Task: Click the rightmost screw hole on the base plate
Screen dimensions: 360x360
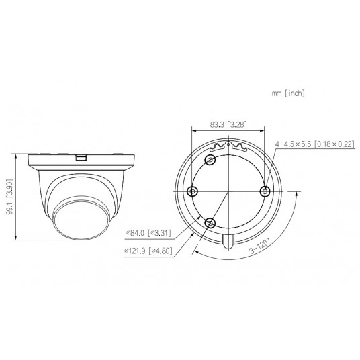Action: pos(266,191)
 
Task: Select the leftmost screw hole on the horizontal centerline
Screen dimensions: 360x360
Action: pos(192,191)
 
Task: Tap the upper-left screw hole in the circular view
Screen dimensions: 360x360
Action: pos(210,160)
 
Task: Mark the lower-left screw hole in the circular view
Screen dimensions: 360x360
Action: pos(210,223)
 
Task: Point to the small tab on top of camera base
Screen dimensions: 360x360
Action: pos(82,159)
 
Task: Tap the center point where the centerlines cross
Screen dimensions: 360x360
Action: pos(228,191)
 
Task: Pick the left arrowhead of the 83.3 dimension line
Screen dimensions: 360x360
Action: pos(194,130)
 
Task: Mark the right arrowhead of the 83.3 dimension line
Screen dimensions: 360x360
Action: pos(264,130)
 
